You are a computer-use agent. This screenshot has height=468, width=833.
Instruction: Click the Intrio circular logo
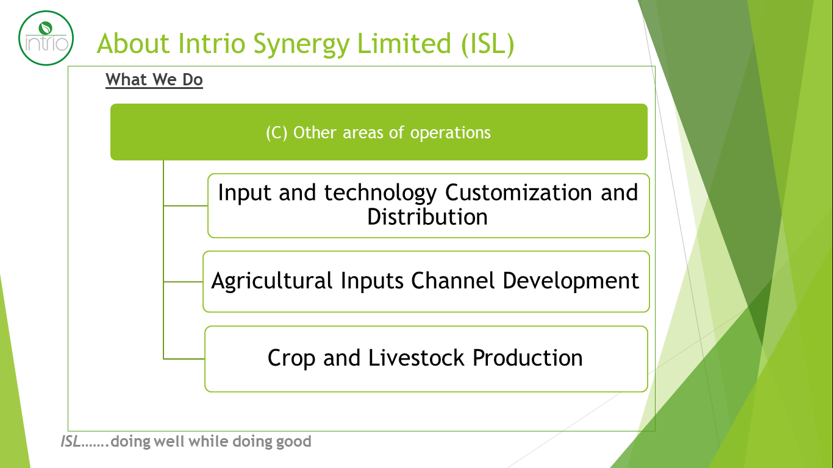tap(46, 38)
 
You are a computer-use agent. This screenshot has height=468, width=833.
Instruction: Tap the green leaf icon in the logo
tap(45, 28)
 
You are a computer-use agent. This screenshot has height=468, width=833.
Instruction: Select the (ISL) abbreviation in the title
tap(487, 44)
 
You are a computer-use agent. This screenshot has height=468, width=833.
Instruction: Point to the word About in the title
tap(134, 43)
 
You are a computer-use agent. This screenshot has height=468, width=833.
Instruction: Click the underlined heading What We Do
tap(154, 80)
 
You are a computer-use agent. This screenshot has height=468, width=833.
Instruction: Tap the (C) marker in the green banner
tap(277, 133)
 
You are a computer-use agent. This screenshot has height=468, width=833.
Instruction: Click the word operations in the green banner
tap(450, 133)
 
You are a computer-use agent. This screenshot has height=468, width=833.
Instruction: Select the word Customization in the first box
tap(519, 193)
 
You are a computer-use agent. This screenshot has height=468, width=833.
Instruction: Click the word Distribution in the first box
tap(427, 217)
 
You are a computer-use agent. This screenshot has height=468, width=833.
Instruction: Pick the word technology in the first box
tap(381, 194)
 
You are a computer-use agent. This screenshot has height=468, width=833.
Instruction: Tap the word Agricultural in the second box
tap(271, 281)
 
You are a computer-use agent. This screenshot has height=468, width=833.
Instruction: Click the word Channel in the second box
tap(452, 280)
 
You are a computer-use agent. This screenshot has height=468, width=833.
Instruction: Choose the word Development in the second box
tap(571, 281)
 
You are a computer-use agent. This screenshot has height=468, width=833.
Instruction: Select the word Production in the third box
tap(527, 358)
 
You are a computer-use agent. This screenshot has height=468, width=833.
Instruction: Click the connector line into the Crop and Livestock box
tap(184, 359)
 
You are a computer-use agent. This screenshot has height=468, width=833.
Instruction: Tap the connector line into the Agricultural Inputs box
tap(183, 282)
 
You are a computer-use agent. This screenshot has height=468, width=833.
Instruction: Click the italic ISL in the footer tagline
tap(71, 442)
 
